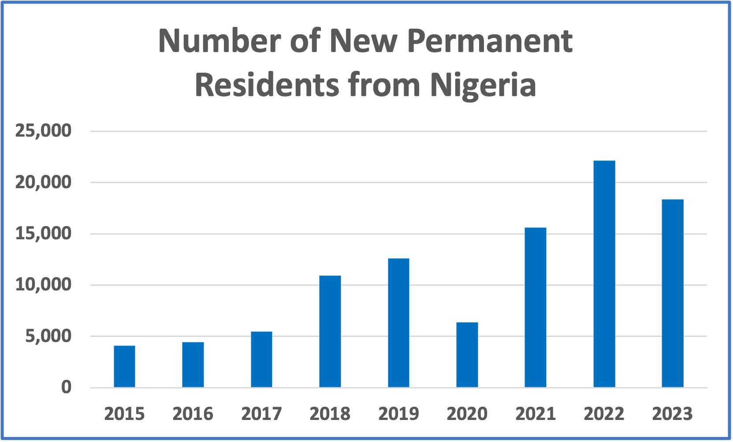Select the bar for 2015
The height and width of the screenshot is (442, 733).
(x=124, y=366)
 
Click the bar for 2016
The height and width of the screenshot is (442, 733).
(x=193, y=364)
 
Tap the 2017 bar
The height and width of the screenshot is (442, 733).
(x=261, y=359)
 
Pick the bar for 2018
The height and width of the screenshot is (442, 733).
(x=330, y=331)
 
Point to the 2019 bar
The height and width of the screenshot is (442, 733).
(x=398, y=323)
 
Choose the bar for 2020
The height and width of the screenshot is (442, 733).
(x=467, y=355)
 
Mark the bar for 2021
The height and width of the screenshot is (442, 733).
(x=536, y=307)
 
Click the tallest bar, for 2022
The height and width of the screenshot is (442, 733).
(x=604, y=274)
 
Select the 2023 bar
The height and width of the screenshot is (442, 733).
(x=673, y=293)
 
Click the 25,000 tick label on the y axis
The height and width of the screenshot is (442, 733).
(x=43, y=131)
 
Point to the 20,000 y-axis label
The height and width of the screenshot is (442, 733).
(x=43, y=182)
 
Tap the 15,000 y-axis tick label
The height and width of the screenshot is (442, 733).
(x=43, y=234)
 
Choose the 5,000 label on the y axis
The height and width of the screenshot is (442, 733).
(x=48, y=336)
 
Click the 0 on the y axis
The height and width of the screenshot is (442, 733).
(x=66, y=387)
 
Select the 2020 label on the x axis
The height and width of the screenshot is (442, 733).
(x=467, y=414)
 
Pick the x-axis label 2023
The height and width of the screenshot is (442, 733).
(x=673, y=414)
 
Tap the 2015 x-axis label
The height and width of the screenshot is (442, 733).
(x=124, y=414)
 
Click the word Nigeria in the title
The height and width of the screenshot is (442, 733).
(x=483, y=84)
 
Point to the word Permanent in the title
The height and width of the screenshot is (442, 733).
(x=489, y=41)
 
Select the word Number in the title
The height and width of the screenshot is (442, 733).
(x=220, y=41)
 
